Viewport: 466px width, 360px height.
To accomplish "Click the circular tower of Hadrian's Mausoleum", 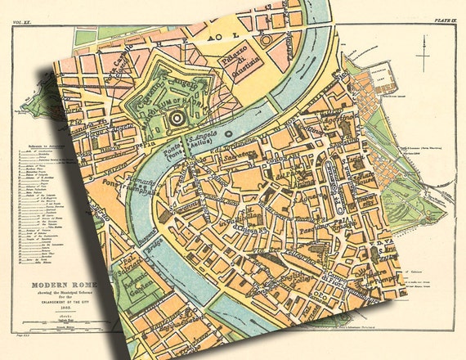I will (x=174, y=120).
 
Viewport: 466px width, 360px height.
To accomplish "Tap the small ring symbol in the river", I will (x=227, y=133).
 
